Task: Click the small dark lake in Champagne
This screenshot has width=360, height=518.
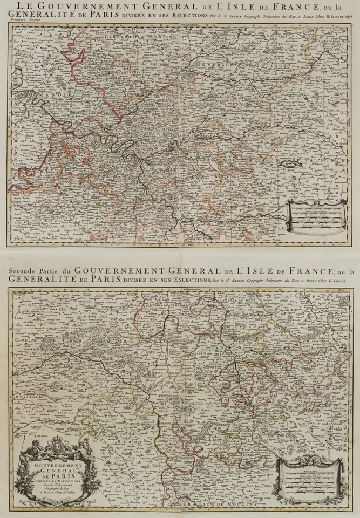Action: [x=293, y=162]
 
